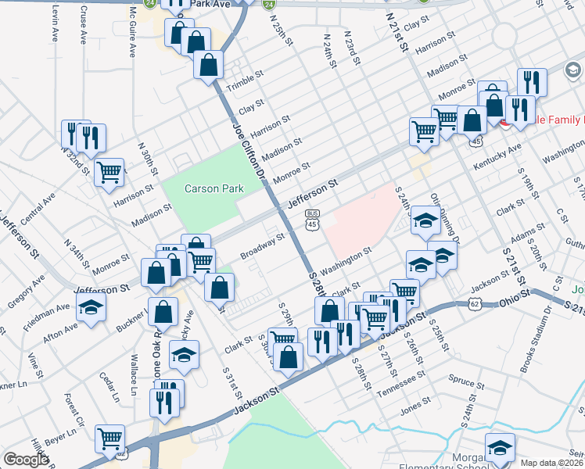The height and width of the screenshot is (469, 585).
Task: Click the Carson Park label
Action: pyautogui.click(x=214, y=188)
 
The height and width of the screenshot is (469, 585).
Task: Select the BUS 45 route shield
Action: pyautogui.click(x=312, y=220)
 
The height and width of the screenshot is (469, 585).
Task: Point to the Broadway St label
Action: pyautogui.click(x=261, y=244)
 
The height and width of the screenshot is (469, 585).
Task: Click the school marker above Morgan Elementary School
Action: pyautogui.click(x=499, y=446)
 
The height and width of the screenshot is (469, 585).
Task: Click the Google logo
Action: pyautogui.click(x=26, y=459)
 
